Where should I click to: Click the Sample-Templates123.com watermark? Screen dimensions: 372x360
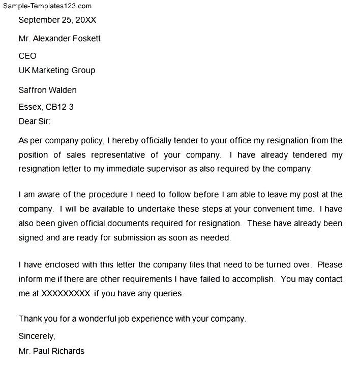pos(46,6)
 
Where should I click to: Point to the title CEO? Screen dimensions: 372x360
pos(27,56)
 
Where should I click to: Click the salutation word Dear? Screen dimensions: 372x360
pos(27,121)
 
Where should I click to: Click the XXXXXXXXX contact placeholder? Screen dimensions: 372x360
pos(66,293)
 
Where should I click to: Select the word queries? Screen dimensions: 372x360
pos(167,293)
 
